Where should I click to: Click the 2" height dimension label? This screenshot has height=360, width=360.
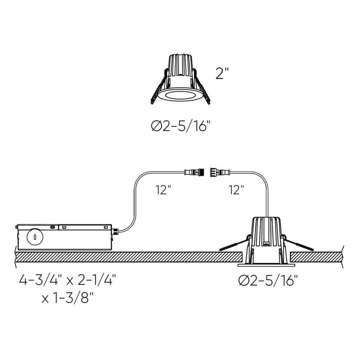point(222,74)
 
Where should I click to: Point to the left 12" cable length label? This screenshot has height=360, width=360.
point(162,189)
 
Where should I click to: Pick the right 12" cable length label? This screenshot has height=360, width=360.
point(235,189)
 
